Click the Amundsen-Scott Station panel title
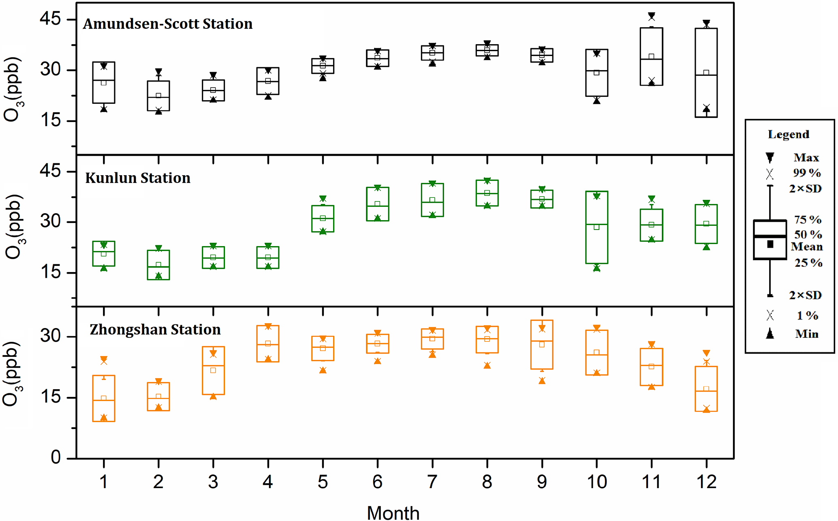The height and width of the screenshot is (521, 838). point(168,24)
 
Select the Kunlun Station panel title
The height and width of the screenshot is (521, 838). point(138,178)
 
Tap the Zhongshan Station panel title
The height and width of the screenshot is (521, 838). point(155,330)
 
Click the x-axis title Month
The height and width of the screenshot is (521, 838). point(393,512)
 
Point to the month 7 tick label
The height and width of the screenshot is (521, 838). point(432,482)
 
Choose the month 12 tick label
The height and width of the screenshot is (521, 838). point(706,482)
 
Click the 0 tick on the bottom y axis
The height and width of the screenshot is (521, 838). point(56,457)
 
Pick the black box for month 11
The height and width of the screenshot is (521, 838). point(651,56)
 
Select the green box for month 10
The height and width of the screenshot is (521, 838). point(596,227)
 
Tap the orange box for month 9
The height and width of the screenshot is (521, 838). point(542,345)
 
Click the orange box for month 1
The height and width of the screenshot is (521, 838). point(104,398)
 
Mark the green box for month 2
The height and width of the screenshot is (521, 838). point(158,265)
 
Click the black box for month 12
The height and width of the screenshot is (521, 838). point(706,73)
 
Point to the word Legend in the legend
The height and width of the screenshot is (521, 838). point(789,134)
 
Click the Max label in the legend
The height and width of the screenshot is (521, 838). point(806,157)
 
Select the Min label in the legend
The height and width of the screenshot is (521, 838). point(806,334)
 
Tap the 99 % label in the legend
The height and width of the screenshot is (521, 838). point(807,173)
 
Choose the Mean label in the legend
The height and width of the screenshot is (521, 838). point(807,247)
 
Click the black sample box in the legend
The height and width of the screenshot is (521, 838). point(770,240)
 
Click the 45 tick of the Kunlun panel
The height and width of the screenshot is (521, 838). point(50,171)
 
